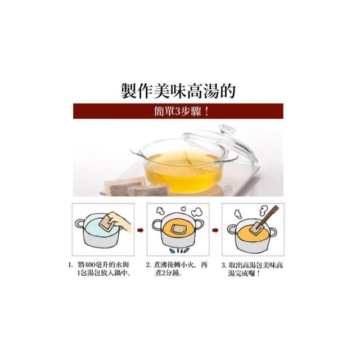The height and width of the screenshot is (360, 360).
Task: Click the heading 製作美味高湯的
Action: tap(178, 91)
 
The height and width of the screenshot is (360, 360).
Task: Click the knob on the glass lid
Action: tap(227, 130)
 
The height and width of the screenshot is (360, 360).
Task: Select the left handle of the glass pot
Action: tap(136, 151)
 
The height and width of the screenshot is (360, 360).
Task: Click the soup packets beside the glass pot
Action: tap(136, 188)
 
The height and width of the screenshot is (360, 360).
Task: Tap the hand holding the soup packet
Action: tap(119, 222)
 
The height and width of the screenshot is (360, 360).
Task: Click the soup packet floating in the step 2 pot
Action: tap(178, 229)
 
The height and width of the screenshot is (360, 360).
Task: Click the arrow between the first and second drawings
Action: tap(141, 230)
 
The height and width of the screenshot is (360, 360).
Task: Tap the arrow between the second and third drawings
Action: tap(215, 230)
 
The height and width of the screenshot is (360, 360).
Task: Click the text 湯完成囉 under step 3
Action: tap(241, 273)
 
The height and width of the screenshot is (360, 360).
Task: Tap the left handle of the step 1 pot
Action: tap(80, 224)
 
